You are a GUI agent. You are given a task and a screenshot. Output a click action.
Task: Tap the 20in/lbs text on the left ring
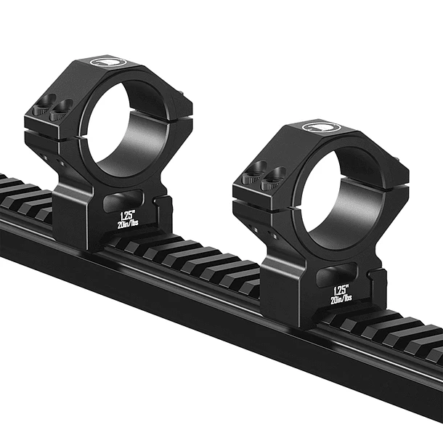point(128,224)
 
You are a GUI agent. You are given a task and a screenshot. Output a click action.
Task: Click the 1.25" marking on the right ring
point(341,290)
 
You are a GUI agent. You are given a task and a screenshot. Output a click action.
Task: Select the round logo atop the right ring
point(320,126)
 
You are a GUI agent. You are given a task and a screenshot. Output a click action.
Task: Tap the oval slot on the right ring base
point(337,274)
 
